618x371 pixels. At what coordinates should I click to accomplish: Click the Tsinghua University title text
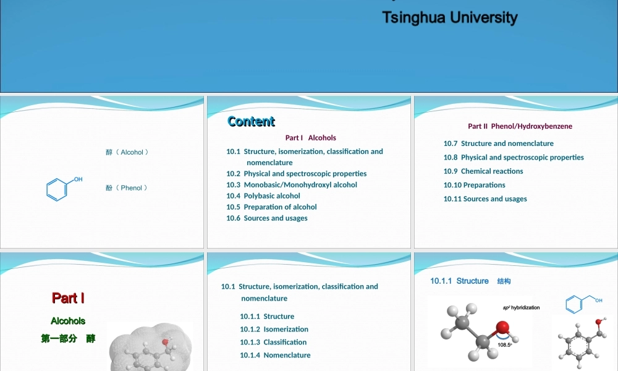tap(449, 17)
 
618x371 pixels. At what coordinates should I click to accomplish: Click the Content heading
tap(251, 121)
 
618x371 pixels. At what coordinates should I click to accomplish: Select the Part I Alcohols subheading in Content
tap(310, 138)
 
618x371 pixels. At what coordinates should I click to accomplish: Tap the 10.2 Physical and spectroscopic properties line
tap(297, 174)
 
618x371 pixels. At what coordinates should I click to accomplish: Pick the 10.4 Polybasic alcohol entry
tap(263, 196)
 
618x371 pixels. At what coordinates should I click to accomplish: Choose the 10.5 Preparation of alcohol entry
tap(271, 207)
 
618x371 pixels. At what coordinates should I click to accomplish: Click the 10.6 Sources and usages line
tap(267, 218)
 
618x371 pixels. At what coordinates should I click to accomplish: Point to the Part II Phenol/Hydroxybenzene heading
tap(520, 126)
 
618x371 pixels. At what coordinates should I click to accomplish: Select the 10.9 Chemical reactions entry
tap(483, 171)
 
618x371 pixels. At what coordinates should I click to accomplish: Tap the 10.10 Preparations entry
tap(474, 185)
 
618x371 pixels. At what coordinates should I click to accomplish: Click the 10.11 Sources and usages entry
tap(485, 199)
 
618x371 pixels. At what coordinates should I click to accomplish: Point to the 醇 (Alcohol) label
tap(127, 152)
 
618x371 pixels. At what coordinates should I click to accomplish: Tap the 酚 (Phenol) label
tap(127, 188)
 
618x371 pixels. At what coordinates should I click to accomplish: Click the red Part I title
tap(68, 298)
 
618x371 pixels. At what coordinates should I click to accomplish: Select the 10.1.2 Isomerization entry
tap(274, 330)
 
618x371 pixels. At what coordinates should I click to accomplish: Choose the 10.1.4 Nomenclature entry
tap(275, 356)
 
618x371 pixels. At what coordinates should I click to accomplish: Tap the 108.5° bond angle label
tap(504, 345)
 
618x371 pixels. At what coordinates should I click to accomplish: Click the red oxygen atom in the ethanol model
tap(502, 327)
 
